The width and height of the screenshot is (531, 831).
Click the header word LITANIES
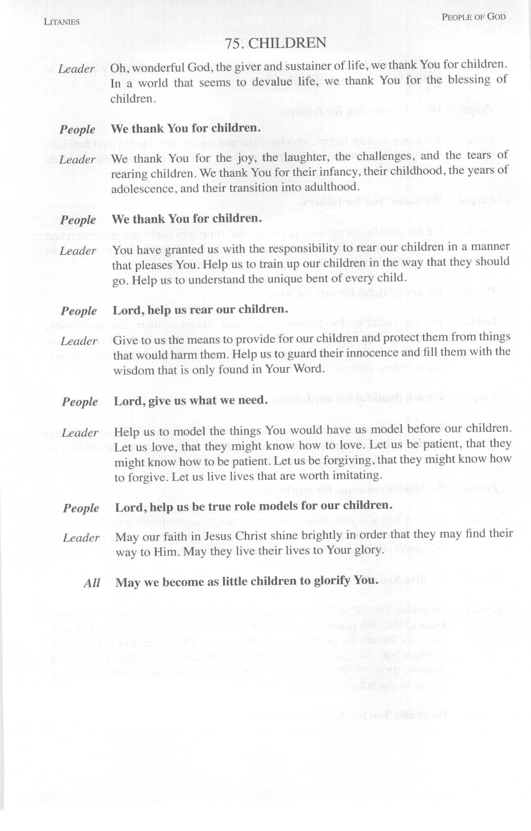[x=61, y=22]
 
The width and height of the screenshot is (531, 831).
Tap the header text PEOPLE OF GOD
[x=473, y=17]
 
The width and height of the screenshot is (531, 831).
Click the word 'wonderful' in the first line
[x=157, y=67]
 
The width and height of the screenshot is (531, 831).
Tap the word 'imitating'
[x=358, y=475]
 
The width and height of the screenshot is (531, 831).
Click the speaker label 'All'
[x=92, y=583]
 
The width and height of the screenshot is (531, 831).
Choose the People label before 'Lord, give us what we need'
[x=80, y=402]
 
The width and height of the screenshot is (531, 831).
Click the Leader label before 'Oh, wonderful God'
[x=76, y=69]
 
